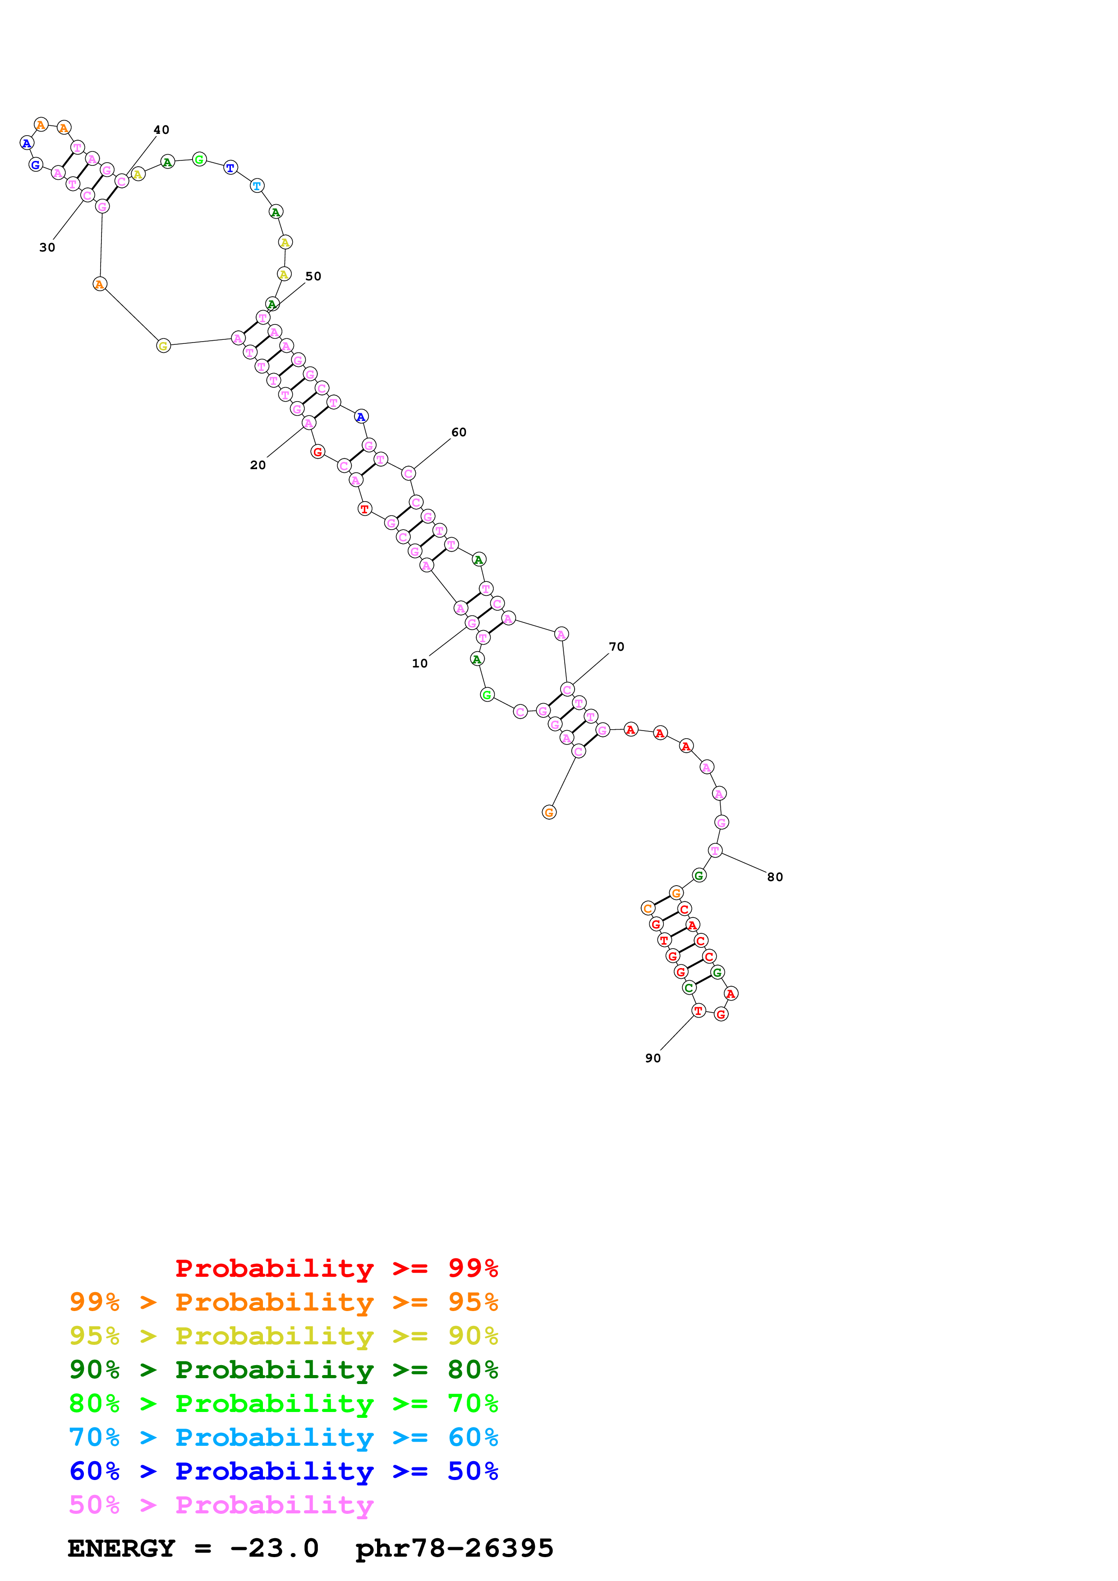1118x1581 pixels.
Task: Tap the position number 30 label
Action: [47, 248]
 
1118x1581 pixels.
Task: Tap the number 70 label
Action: [617, 647]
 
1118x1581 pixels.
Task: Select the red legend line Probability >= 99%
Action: [336, 1268]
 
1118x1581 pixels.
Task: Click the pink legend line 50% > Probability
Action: [221, 1504]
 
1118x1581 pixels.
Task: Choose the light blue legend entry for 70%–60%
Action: [283, 1437]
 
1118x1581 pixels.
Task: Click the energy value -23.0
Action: [274, 1549]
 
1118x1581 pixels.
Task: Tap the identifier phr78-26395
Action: [454, 1549]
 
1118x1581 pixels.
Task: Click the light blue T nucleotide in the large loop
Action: [257, 186]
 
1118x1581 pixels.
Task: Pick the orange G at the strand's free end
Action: [549, 813]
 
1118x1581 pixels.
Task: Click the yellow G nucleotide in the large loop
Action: [163, 346]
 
